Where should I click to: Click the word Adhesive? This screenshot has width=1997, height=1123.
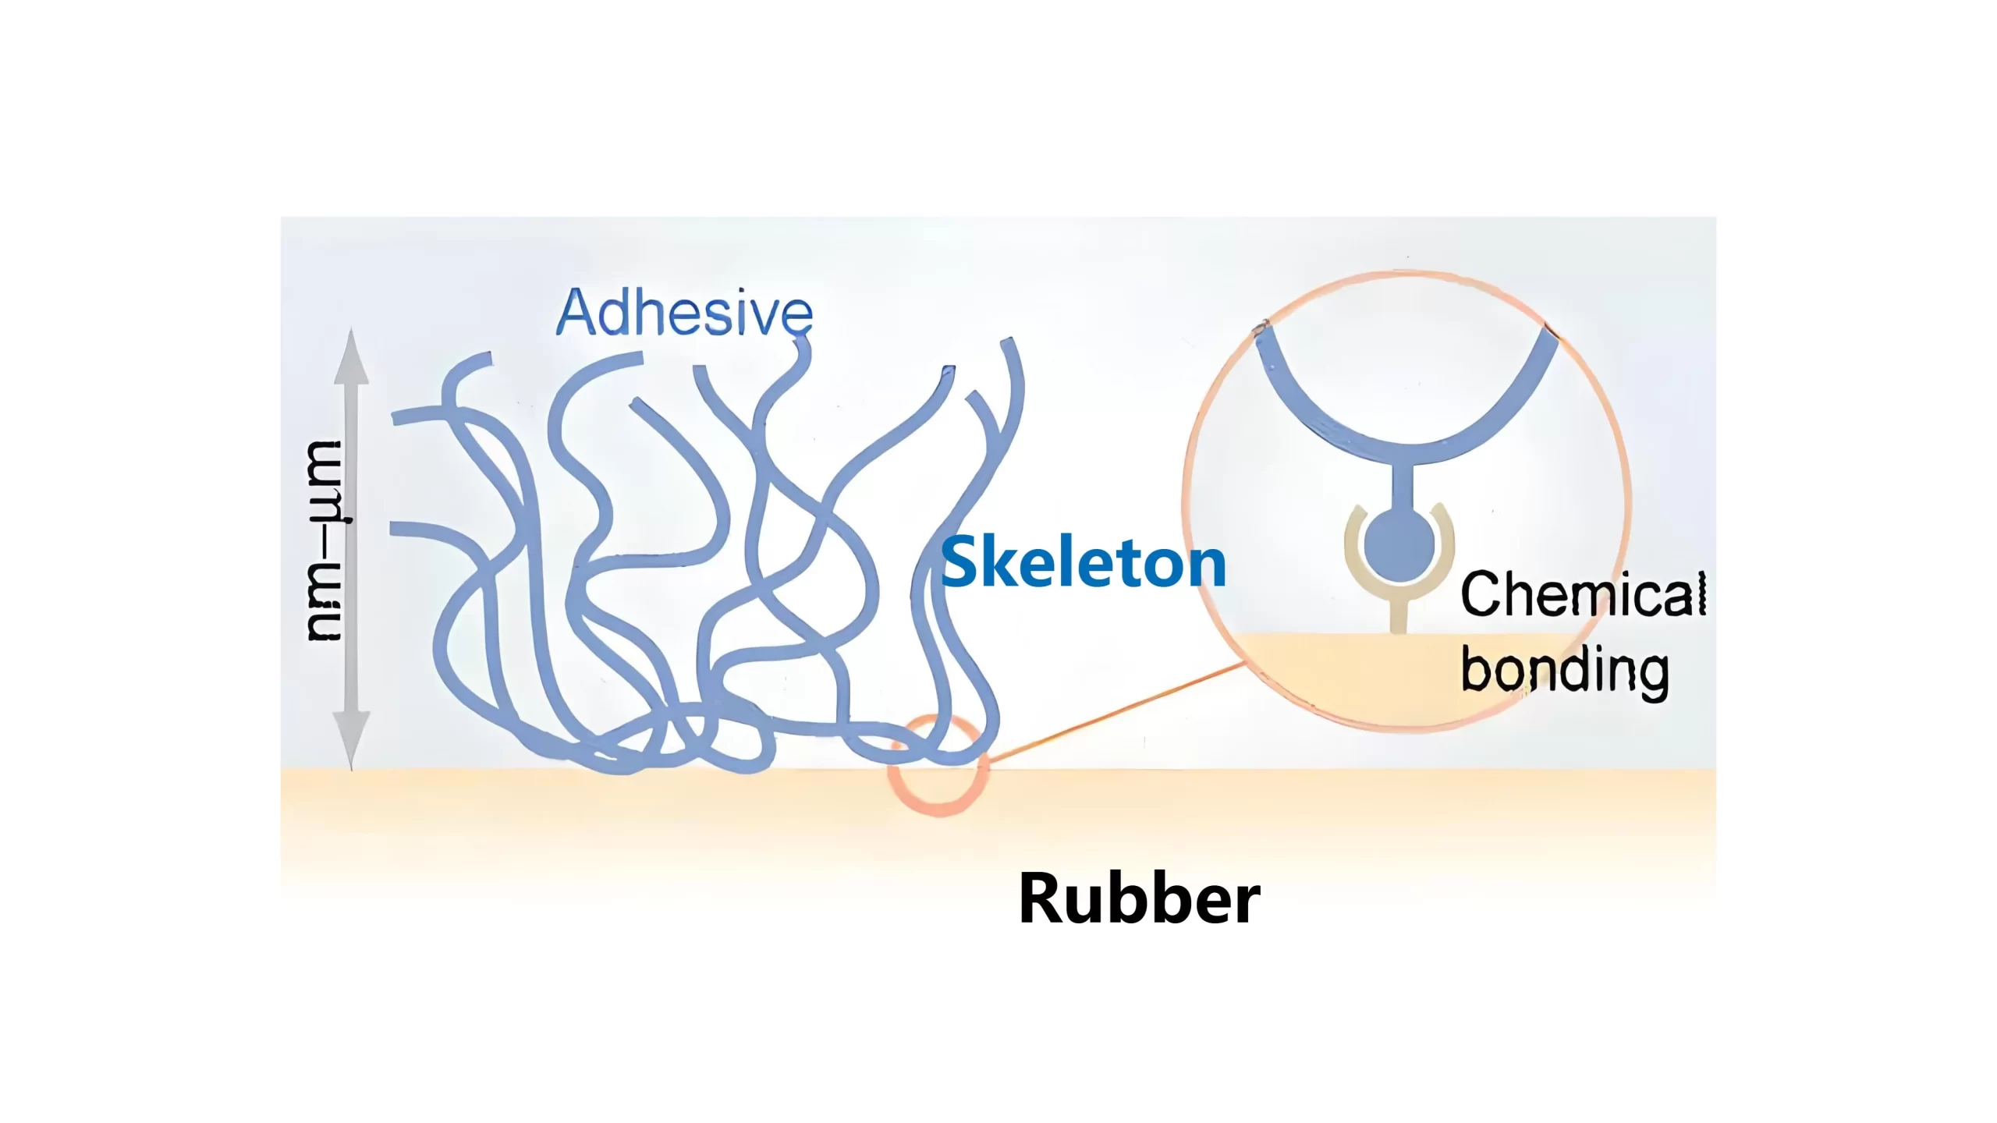[684, 312]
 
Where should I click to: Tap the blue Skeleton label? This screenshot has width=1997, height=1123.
[1084, 562]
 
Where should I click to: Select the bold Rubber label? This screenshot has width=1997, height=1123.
[1139, 898]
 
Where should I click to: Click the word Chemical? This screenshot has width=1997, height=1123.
[1583, 594]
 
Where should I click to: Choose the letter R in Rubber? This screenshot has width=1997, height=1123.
[1041, 898]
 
